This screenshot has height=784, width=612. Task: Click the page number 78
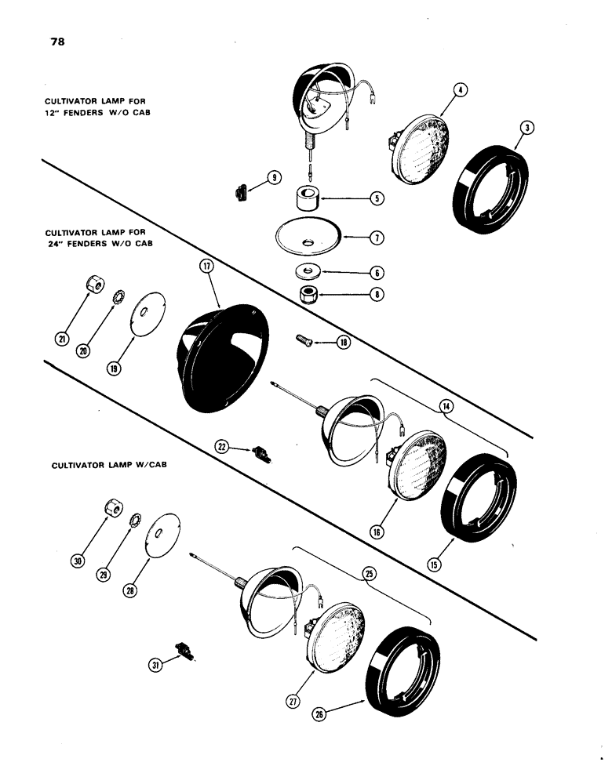pyautogui.click(x=56, y=42)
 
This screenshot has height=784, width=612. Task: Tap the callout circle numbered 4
pyautogui.click(x=461, y=90)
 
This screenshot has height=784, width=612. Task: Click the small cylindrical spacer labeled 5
pyautogui.click(x=308, y=198)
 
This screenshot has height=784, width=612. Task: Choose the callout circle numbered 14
pyautogui.click(x=446, y=406)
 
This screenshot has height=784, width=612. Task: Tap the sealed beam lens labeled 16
pyautogui.click(x=417, y=470)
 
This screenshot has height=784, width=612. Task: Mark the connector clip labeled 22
pyautogui.click(x=262, y=453)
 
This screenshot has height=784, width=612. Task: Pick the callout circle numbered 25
pyautogui.click(x=370, y=573)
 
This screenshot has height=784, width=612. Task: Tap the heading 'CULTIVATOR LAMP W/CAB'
pyautogui.click(x=111, y=464)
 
